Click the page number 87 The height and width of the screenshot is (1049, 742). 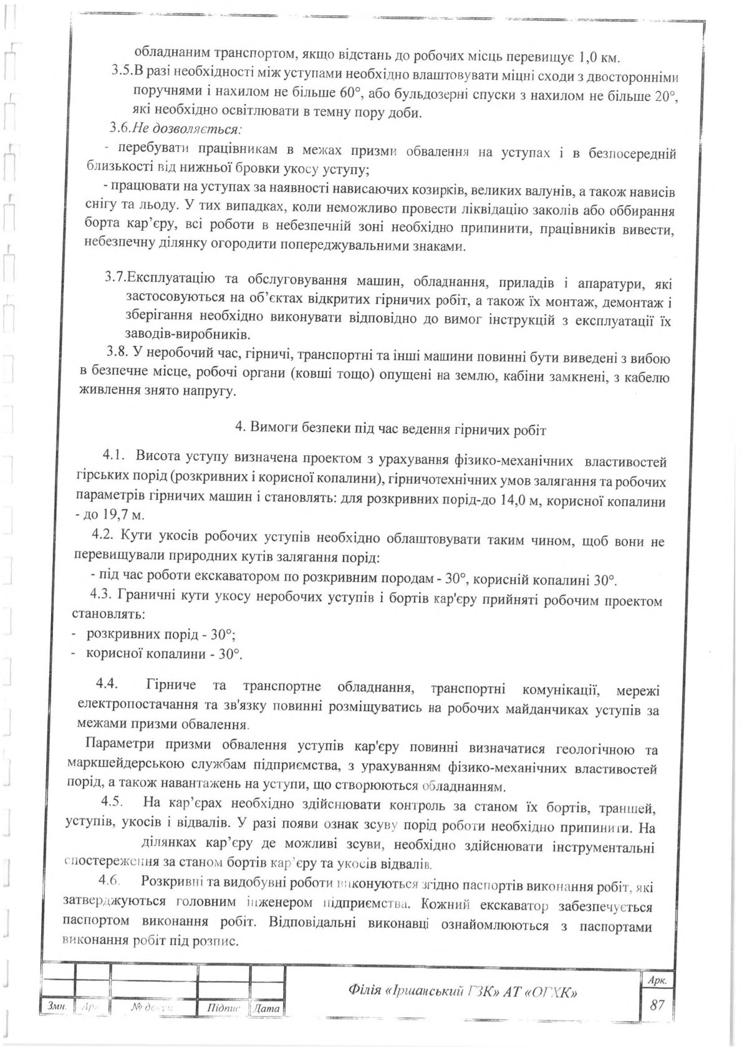(x=656, y=1005)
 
